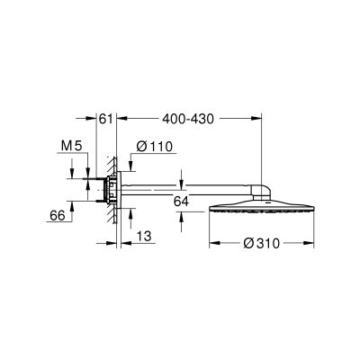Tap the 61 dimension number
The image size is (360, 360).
[x=104, y=118]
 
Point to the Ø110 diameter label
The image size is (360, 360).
[x=155, y=147]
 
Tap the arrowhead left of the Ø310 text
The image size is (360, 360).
[x=213, y=242]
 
